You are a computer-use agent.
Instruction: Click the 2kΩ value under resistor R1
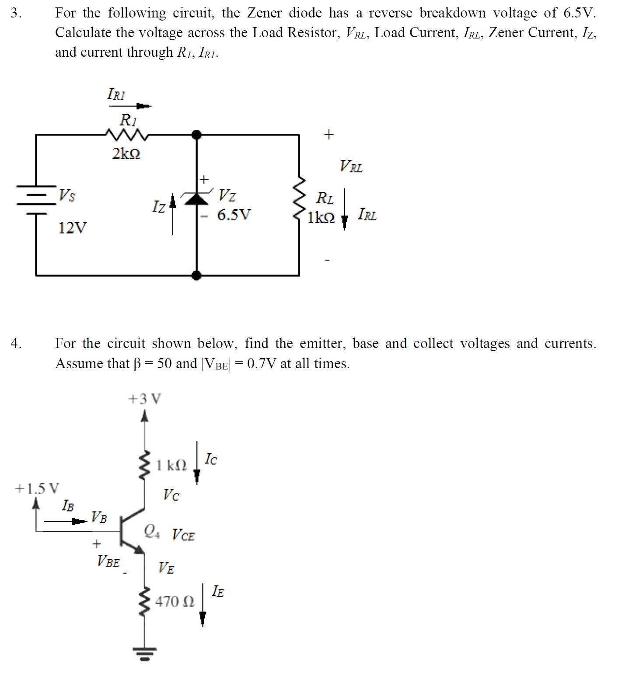tap(126, 154)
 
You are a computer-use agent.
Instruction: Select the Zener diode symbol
tap(197, 198)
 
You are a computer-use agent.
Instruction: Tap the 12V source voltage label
tap(73, 228)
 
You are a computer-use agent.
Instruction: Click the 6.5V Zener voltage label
tap(234, 215)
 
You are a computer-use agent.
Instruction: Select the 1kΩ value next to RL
tap(321, 217)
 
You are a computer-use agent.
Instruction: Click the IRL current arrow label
tap(367, 215)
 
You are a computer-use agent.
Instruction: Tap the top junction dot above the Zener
tap(197, 135)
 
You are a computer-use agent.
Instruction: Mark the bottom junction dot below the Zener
tap(197, 275)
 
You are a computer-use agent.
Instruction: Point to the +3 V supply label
tap(144, 399)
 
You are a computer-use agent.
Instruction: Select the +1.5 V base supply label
tap(37, 488)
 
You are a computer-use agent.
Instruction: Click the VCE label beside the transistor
tap(183, 534)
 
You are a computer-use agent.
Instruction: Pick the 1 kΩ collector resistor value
tap(171, 465)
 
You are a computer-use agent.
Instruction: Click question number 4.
tap(16, 344)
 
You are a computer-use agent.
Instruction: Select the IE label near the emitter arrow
tap(218, 592)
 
